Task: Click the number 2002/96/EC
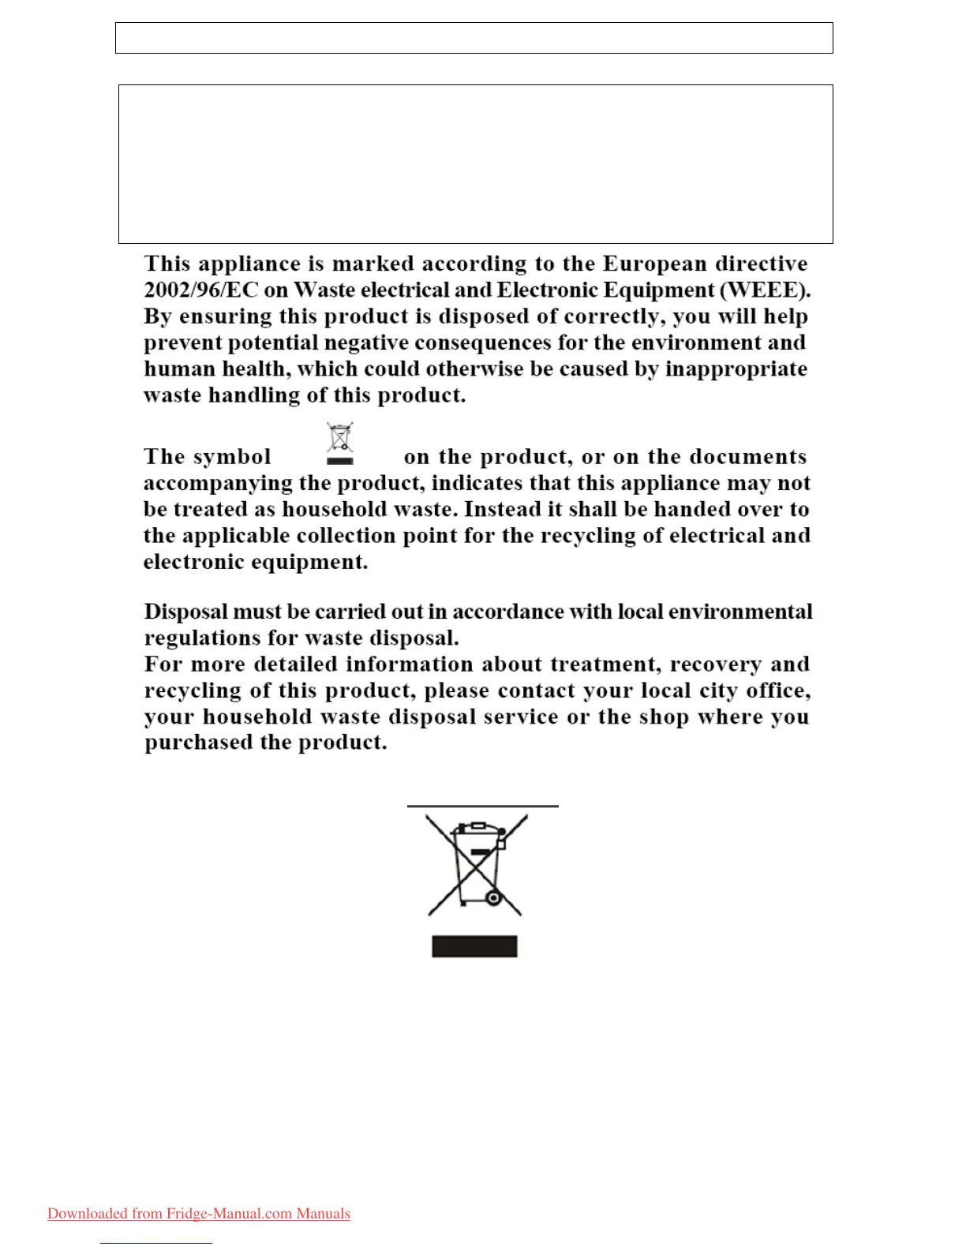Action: click(x=200, y=290)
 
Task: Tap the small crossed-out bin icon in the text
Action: click(x=339, y=443)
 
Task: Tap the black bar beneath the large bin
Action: click(x=474, y=946)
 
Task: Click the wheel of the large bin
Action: click(x=494, y=898)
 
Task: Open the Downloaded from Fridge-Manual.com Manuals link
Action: click(x=199, y=1214)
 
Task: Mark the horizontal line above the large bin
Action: click(x=482, y=807)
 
